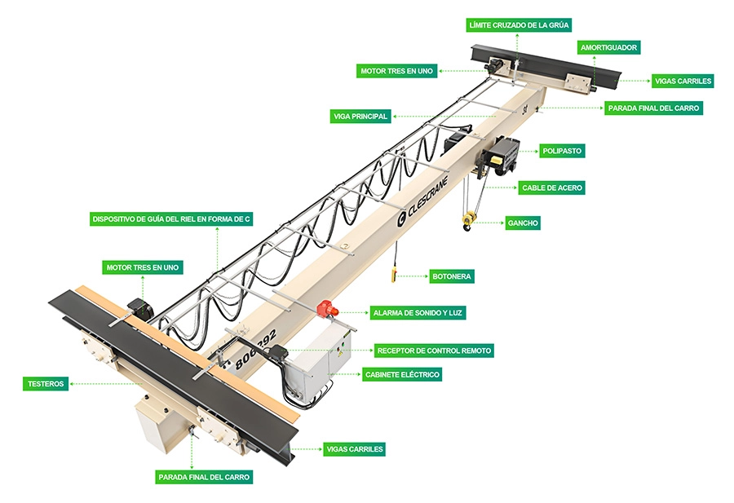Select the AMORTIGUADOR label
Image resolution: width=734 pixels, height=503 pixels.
[x=608, y=47]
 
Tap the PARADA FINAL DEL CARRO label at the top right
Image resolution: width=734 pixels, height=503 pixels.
[x=652, y=108]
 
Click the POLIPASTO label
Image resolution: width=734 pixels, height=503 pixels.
[x=562, y=151]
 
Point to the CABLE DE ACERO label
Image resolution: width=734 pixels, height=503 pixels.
[x=552, y=188]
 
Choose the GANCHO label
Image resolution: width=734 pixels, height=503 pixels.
[x=522, y=223]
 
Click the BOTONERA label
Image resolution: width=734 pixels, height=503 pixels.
[x=451, y=276]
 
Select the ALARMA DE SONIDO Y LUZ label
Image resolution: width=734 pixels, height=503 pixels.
[x=419, y=312]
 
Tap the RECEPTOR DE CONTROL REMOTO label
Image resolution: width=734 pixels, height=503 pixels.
[x=433, y=351]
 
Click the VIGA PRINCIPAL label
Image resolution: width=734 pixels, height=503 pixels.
[x=360, y=117]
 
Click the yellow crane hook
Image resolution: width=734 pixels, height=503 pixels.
[x=468, y=219]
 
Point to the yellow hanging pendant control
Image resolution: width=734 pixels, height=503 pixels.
[x=394, y=275]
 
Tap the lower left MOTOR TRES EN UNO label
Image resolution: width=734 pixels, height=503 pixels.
[x=143, y=267]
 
